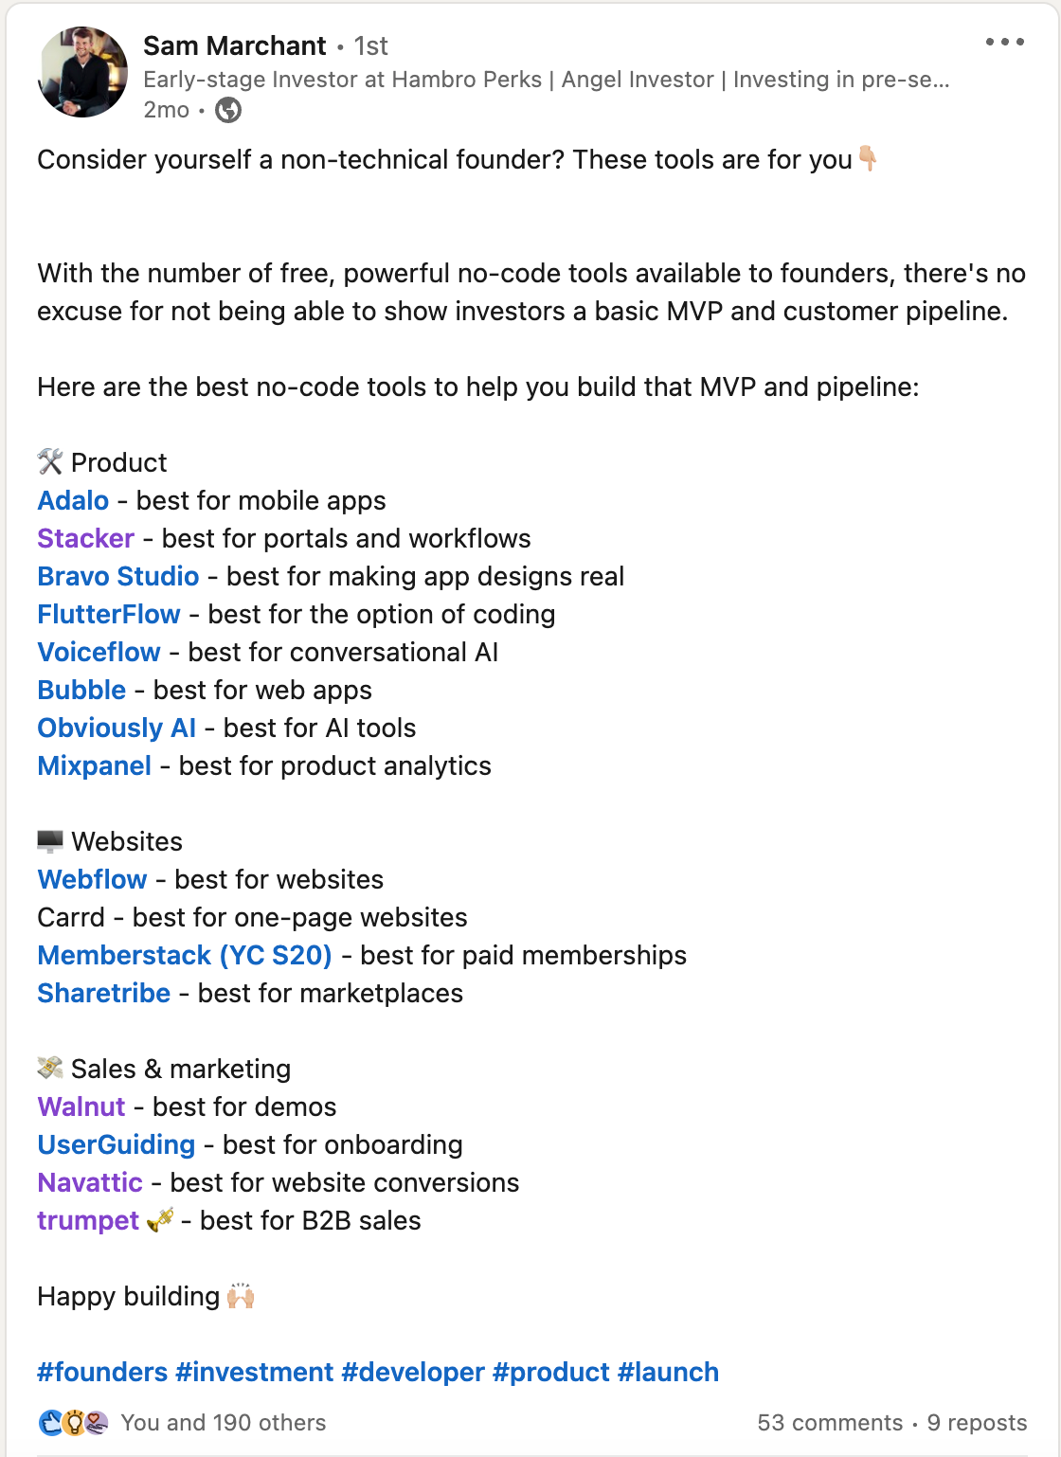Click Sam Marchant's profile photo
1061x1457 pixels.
coord(82,72)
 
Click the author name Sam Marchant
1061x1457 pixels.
coord(234,45)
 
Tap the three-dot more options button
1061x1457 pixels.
coord(1004,43)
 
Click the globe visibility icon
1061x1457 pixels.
coord(228,111)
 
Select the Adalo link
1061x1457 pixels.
coord(73,500)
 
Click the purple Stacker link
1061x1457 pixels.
coord(85,538)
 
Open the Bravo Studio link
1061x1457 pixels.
coord(118,576)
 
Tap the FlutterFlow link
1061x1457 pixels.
coord(109,614)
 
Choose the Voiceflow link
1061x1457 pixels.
coord(99,652)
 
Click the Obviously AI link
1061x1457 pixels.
coord(117,728)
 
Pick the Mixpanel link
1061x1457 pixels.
coord(94,765)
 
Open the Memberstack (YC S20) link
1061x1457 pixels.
coord(185,955)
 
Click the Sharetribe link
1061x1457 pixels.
coord(103,993)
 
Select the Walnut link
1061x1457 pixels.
coord(81,1106)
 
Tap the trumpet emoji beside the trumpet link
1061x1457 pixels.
coord(160,1220)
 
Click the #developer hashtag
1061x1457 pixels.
coord(413,1372)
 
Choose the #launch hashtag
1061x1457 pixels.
coord(668,1372)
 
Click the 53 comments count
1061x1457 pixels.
coord(830,1423)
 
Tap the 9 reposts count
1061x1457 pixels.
coord(977,1423)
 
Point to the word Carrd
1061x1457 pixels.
coord(71,917)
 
